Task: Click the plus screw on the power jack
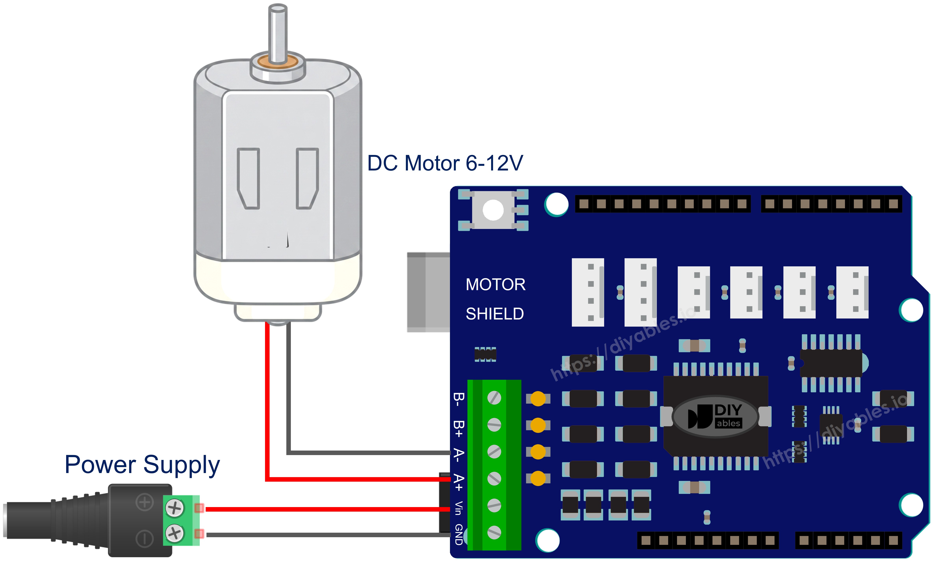pyautogui.click(x=175, y=507)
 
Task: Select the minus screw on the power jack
pyautogui.click(x=175, y=533)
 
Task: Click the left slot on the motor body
pyautogui.click(x=248, y=178)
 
